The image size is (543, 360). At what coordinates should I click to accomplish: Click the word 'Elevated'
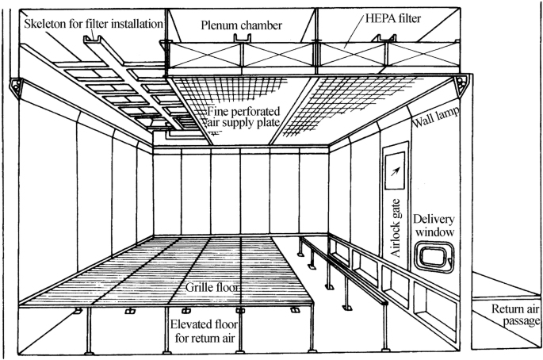[194, 324]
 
